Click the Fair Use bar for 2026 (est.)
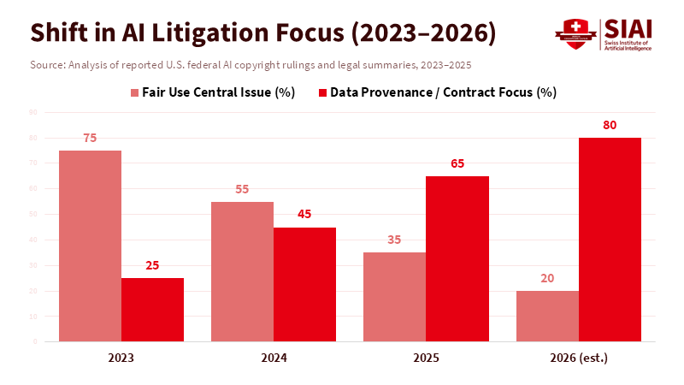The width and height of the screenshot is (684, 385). (547, 316)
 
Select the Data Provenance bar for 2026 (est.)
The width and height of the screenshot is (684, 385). (610, 240)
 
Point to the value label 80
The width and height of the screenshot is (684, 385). (610, 125)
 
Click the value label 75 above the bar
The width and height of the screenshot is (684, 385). (90, 138)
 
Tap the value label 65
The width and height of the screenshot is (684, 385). (457, 163)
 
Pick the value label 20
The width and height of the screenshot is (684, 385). (547, 278)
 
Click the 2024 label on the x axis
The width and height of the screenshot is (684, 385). (273, 358)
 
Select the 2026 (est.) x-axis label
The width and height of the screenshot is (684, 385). (578, 358)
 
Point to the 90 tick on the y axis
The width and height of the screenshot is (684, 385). (32, 112)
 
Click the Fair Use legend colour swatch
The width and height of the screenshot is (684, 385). (135, 92)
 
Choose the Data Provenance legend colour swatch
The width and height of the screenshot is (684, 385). (322, 92)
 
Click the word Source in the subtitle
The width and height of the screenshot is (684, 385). (46, 65)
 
